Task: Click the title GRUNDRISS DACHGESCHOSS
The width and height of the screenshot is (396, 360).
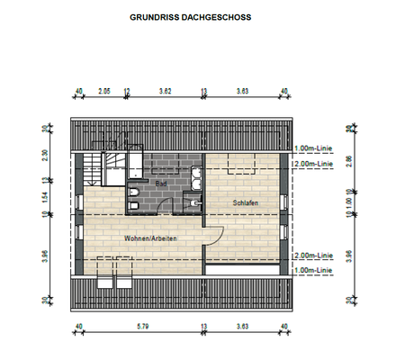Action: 190,17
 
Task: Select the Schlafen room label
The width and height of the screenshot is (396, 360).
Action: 245,202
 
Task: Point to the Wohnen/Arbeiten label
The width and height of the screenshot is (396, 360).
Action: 151,237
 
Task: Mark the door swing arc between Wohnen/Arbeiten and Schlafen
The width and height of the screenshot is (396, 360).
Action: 216,237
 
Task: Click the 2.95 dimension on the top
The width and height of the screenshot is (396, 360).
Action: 104,91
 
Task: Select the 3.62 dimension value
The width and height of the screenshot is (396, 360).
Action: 165,91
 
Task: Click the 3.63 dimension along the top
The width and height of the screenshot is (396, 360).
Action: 242,91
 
